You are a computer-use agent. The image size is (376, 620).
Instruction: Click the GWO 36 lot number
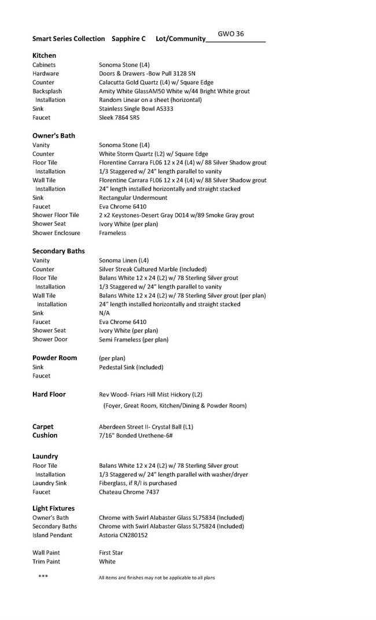[231, 34]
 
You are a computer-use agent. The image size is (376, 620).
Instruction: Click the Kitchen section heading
[45, 56]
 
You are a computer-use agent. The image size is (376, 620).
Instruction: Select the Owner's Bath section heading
[54, 135]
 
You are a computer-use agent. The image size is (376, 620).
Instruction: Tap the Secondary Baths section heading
[58, 251]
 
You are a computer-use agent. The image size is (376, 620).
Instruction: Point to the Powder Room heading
[54, 358]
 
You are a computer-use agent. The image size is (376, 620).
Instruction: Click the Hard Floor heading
[49, 394]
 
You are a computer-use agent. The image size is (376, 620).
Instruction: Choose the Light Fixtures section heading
[53, 508]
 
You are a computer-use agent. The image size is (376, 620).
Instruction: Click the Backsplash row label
[47, 91]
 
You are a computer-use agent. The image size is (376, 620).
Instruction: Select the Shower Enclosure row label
[56, 233]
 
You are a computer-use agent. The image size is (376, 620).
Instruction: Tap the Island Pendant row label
[53, 535]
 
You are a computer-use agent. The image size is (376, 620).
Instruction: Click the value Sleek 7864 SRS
[123, 118]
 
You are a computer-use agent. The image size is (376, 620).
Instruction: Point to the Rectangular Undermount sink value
[134, 198]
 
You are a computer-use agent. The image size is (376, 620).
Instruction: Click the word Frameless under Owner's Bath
[112, 233]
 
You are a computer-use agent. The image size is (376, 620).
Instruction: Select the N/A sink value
[104, 313]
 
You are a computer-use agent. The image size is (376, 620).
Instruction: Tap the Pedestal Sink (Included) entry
[131, 367]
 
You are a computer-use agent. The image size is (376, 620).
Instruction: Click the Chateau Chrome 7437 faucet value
[129, 492]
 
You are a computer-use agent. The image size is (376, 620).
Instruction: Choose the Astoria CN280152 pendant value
[123, 535]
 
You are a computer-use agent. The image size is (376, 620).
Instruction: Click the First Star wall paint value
[111, 553]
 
